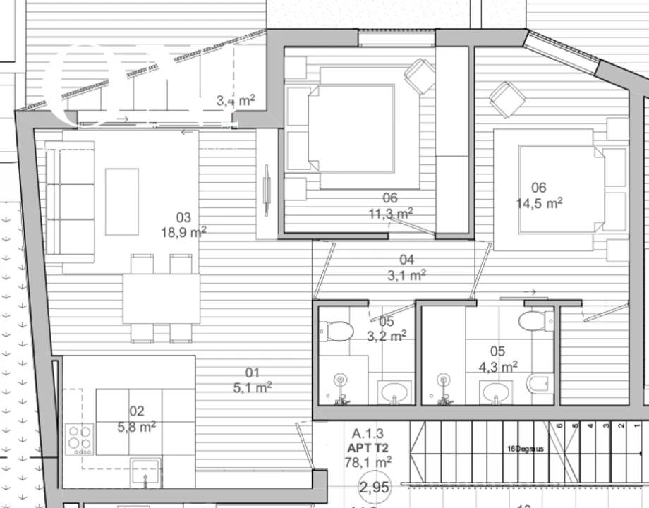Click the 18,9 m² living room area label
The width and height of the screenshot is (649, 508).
pyautogui.click(x=183, y=231)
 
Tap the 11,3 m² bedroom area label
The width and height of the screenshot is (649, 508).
pyautogui.click(x=390, y=213)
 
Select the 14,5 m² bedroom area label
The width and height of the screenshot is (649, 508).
pyautogui.click(x=539, y=203)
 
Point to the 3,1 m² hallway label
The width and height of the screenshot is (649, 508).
pyautogui.click(x=406, y=274)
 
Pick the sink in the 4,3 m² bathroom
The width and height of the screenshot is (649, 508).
pyautogui.click(x=499, y=392)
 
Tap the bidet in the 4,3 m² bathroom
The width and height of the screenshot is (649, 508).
pyautogui.click(x=537, y=384)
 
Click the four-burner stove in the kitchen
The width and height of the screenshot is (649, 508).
pyautogui.click(x=79, y=438)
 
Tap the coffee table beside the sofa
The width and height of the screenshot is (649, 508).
pyautogui.click(x=122, y=201)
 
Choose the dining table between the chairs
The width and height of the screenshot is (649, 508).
pyautogui.click(x=162, y=298)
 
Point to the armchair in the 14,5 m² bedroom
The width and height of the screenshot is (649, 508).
pyautogui.click(x=508, y=99)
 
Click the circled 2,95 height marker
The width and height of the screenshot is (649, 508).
pyautogui.click(x=374, y=488)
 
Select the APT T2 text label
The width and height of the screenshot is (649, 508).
pyautogui.click(x=368, y=448)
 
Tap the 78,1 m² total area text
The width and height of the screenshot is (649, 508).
pyautogui.click(x=368, y=462)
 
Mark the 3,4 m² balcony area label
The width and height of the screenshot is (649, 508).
pyautogui.click(x=236, y=101)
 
